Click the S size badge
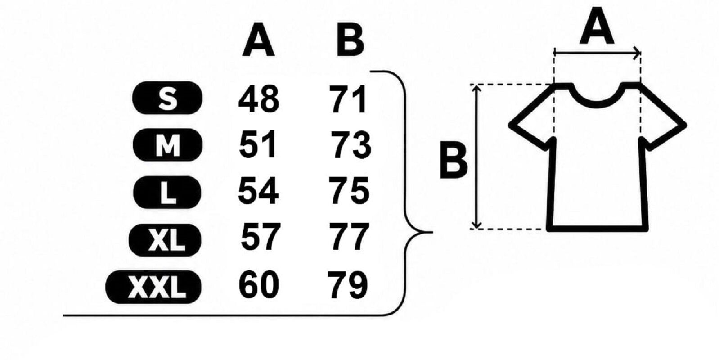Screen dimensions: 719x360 click(167, 98)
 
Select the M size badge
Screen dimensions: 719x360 click(167, 145)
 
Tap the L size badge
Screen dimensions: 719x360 click(167, 192)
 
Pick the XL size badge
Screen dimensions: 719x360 click(165, 240)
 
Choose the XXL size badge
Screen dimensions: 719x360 click(153, 287)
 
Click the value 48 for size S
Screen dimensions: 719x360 click(259, 99)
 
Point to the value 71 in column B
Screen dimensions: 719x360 click(349, 99)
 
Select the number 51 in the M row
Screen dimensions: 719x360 click(257, 144)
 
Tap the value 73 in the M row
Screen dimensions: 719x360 click(351, 145)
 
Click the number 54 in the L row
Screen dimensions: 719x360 click(258, 191)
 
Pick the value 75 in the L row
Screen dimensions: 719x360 click(350, 191)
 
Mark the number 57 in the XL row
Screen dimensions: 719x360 click(261, 237)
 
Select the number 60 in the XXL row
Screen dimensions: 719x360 click(259, 284)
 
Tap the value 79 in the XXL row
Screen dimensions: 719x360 click(348, 284)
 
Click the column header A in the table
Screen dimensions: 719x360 click(258, 40)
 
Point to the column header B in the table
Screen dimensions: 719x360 click(350, 40)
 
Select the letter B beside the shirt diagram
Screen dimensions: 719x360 click(454, 160)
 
